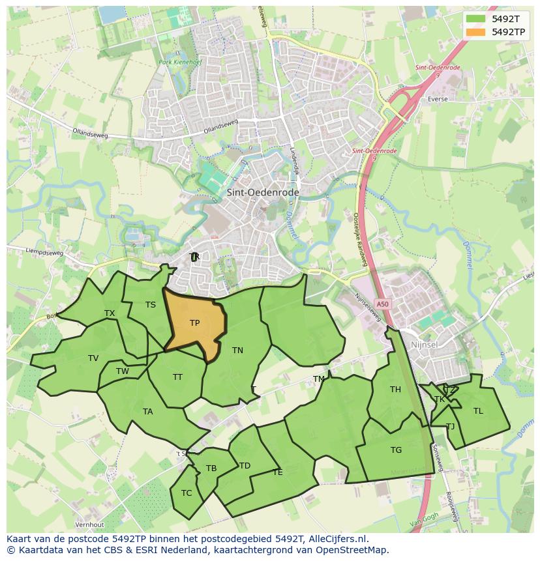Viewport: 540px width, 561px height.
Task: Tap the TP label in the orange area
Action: coord(194,323)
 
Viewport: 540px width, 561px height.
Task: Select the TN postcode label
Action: coord(237,351)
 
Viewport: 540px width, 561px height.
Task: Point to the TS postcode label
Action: coord(151,305)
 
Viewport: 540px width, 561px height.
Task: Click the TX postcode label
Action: coord(110,313)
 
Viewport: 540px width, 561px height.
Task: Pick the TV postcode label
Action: coord(93,358)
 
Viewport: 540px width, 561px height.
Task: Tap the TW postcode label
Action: coord(123,371)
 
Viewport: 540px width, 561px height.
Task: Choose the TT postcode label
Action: coord(177,377)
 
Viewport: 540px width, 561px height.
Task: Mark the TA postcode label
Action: coord(148,412)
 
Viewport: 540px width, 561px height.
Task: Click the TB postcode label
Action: coord(211,468)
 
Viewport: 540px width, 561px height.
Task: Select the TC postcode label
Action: coord(187,493)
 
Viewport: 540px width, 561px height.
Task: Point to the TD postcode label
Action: coord(245,466)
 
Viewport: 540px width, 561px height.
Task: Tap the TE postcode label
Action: coord(278,472)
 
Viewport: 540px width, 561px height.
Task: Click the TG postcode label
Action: coord(396,450)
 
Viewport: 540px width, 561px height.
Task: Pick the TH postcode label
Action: coord(395,390)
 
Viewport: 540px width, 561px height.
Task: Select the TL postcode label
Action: coord(478,411)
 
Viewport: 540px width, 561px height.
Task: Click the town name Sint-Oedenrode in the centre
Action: coord(263,193)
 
